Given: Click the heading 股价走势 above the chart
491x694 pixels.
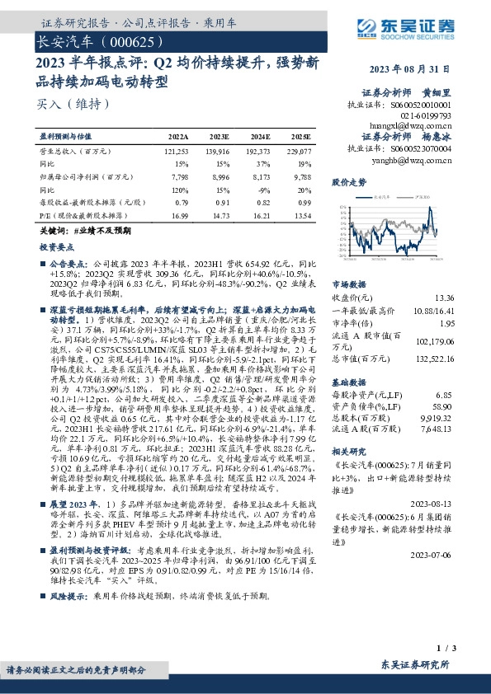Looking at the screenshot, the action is click(x=347, y=181).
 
